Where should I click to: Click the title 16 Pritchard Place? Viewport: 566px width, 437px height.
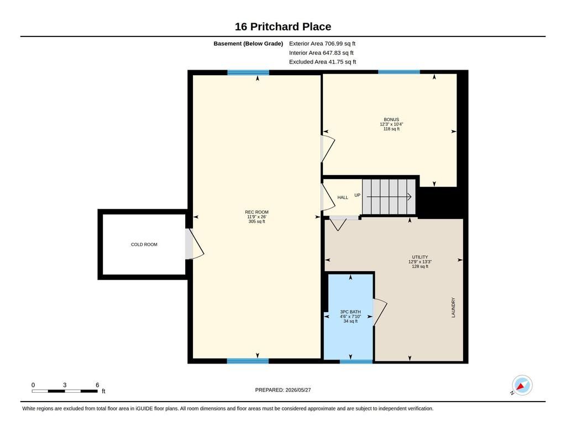283,27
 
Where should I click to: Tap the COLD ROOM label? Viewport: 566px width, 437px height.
144,245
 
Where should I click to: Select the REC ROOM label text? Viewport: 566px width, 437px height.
256,212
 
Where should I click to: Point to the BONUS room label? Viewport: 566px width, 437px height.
391,119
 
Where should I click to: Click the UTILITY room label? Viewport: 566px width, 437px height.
420,257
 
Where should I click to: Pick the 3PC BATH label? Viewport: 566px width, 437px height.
350,312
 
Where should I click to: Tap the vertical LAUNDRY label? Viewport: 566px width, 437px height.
453,308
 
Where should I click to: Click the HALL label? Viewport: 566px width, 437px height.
343,197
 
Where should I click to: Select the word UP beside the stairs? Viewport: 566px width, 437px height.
358,195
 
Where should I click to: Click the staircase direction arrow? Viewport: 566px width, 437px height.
389,197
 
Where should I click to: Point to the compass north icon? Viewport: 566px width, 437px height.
522,386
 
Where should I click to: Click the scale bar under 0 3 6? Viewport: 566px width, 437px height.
65,391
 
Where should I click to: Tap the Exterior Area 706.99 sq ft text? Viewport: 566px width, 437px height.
322,44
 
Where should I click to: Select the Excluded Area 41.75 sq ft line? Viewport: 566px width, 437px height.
322,62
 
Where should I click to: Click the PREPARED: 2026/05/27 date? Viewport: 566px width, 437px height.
283,390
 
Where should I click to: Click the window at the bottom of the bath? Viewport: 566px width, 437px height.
356,361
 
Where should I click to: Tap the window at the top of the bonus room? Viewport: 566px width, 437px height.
399,72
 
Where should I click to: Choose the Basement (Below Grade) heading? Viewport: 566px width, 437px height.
248,44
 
